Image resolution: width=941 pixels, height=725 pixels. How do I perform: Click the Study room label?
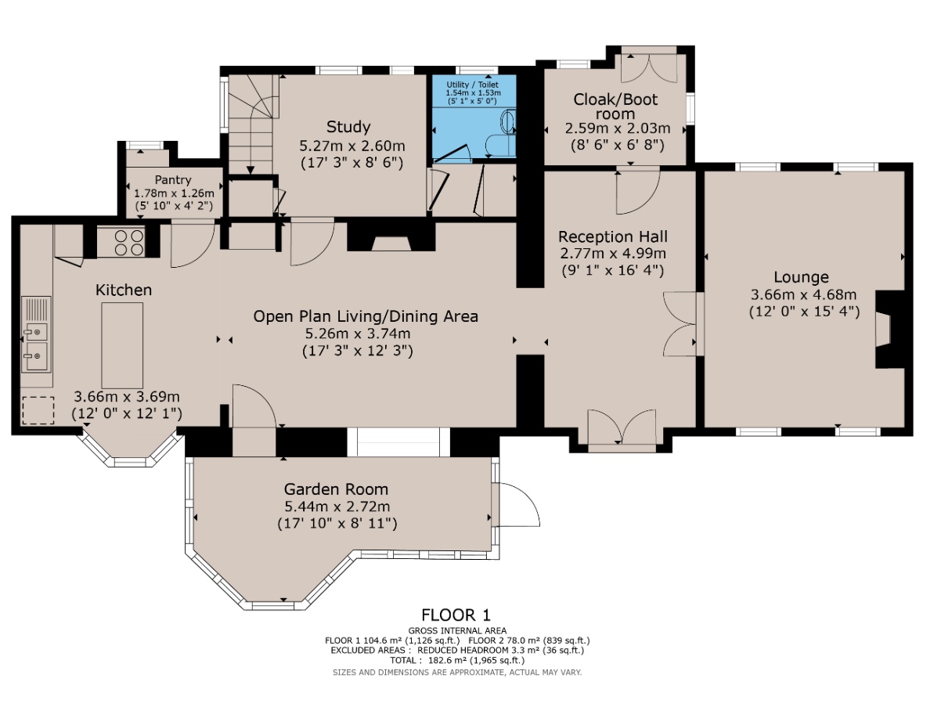point(348,127)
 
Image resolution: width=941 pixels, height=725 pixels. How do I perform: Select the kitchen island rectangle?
point(122,345)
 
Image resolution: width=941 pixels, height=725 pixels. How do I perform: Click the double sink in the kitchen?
point(35,345)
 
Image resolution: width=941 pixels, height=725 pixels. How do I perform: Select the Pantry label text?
point(172,180)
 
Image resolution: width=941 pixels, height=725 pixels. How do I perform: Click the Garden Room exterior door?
point(517,505)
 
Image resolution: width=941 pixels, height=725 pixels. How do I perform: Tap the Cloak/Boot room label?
point(615,106)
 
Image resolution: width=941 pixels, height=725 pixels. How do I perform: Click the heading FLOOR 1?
point(456,615)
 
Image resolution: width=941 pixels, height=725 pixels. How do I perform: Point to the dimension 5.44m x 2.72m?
point(337,507)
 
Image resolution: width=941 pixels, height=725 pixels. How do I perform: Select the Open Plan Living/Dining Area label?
point(366,316)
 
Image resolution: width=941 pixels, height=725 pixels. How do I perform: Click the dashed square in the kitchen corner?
point(38,410)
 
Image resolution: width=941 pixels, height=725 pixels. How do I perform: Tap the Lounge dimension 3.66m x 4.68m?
point(803,294)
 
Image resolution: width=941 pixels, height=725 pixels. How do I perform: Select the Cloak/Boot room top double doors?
point(648,67)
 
